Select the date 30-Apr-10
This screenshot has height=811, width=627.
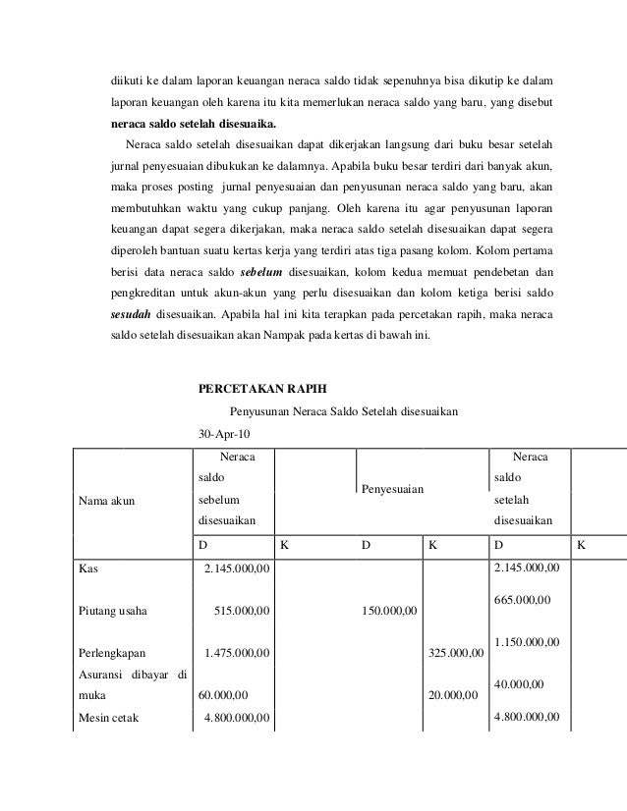[x=224, y=433]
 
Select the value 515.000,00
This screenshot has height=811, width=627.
[x=242, y=615]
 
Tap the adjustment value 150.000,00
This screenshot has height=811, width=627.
[x=389, y=615]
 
